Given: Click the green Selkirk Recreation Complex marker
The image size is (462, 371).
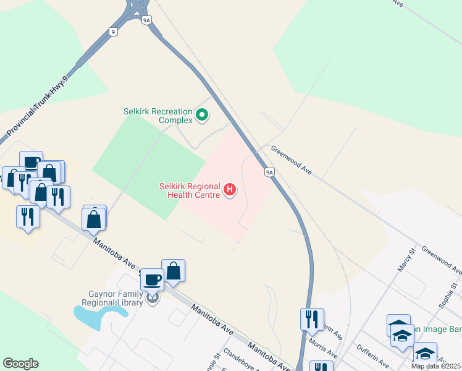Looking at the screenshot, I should [x=202, y=114].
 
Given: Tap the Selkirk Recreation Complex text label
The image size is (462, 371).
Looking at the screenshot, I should [x=159, y=115].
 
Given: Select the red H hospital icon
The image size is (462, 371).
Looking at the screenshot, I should [x=230, y=189].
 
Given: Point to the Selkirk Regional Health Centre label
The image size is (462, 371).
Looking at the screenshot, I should [x=190, y=190].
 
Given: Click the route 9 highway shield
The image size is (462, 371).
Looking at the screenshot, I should [x=112, y=31].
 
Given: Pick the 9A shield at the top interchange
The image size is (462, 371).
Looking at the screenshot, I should [x=146, y=20].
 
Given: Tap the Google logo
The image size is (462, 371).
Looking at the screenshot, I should [x=20, y=364].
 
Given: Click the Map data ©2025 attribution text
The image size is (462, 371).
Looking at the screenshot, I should [x=436, y=366].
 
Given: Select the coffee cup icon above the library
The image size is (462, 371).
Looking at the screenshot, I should [x=152, y=280].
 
